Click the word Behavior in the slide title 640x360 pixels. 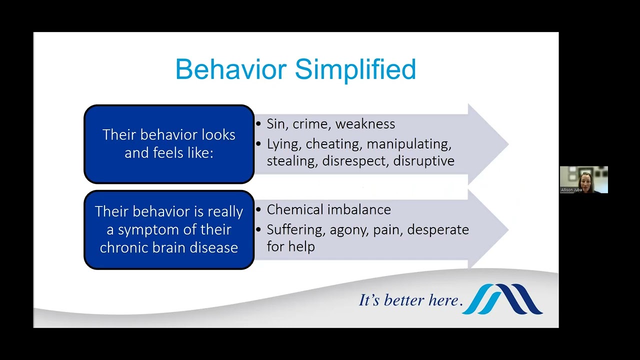coord(231,69)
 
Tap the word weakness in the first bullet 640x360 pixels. coord(365,124)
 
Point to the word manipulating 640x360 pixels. coord(409,144)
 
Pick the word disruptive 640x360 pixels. coord(423,161)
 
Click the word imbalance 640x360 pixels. coord(359,209)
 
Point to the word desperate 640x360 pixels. coord(437,230)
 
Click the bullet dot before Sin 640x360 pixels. coord(258,124)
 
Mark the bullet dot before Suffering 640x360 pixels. coord(258,229)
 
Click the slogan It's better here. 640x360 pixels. coord(410,300)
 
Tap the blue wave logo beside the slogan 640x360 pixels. coord(502,299)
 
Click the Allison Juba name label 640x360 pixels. coord(571,189)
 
